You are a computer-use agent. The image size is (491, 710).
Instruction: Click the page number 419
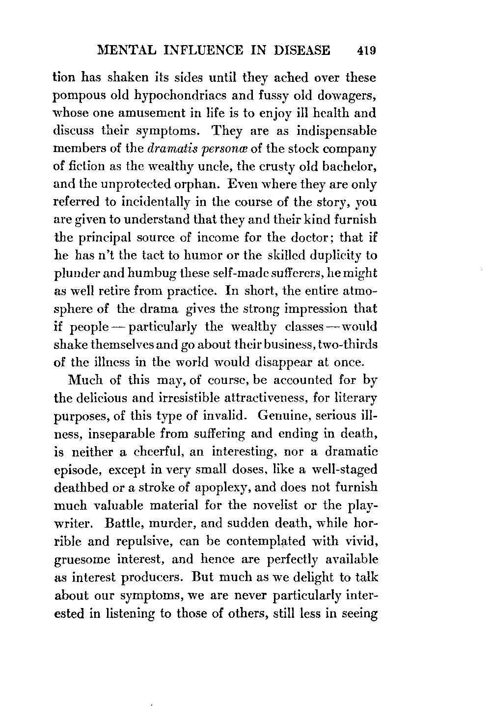pos(367,51)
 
